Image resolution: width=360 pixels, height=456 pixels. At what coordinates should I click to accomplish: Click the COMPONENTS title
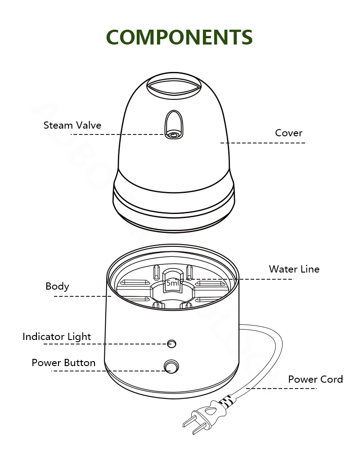[x=179, y=37]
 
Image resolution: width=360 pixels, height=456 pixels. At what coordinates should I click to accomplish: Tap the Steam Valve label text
[x=72, y=125]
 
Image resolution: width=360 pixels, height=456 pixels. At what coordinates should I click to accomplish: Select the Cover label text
[x=288, y=133]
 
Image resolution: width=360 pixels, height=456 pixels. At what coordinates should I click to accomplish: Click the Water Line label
[x=294, y=269]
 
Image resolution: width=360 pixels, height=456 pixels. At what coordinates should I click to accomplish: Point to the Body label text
[x=57, y=286]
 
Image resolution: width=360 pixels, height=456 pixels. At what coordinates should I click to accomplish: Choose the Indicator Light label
[x=57, y=337]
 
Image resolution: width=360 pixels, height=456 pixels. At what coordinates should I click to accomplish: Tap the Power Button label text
[x=63, y=363]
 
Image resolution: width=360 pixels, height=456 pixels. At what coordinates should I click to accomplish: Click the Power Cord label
[x=315, y=380]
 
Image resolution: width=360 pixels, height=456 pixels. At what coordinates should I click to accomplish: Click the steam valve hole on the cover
[x=173, y=134]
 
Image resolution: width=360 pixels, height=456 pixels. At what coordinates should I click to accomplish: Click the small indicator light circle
[x=171, y=344]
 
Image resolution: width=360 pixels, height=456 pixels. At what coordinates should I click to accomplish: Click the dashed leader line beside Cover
[x=263, y=143]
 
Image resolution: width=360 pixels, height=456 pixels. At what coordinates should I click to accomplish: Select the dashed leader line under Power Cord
[x=281, y=389]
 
